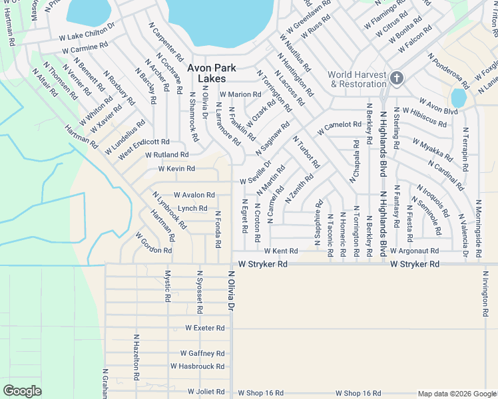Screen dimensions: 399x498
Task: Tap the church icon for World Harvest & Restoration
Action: coord(397,78)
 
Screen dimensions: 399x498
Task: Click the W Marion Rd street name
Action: coord(240,94)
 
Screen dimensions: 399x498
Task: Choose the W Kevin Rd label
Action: coord(176,169)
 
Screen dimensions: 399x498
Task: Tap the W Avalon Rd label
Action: coord(194,196)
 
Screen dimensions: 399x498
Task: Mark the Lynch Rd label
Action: coord(192,209)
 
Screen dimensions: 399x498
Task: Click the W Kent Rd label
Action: coord(280,251)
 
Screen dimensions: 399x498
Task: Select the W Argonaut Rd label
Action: coord(414,251)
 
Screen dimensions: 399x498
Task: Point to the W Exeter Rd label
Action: coord(205,328)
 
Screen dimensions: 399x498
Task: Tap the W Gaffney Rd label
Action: coord(202,354)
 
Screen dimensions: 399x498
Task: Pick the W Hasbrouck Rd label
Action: coord(197,366)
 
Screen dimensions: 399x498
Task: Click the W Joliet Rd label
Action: coord(208,392)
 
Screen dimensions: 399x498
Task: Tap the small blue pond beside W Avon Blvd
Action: coord(458,97)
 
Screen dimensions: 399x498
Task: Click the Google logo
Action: coord(23,391)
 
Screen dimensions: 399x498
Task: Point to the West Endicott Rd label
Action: coord(144,142)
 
